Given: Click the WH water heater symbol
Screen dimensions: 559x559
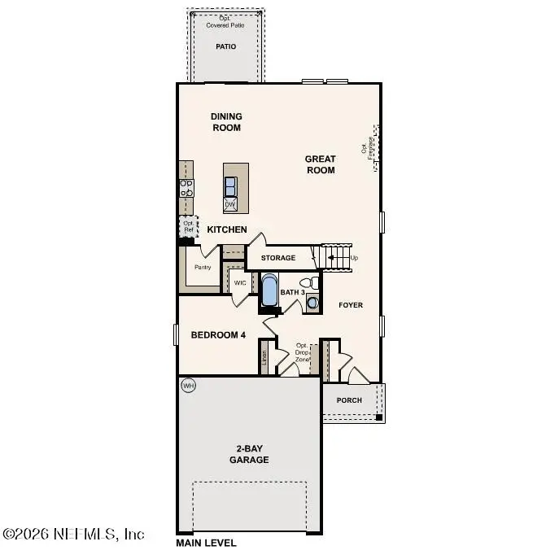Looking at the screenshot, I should tap(189, 385).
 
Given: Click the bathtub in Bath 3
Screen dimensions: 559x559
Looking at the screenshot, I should tap(269, 289).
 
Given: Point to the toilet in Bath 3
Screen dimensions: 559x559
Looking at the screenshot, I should tap(306, 283).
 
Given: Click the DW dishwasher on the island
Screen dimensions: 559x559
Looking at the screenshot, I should tap(230, 203).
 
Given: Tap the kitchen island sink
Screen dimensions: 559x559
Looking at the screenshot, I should tap(231, 183).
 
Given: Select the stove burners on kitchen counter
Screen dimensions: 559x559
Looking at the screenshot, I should tap(186, 189).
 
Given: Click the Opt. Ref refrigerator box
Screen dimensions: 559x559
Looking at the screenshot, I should tap(189, 227).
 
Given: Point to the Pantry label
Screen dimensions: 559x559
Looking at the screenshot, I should tap(202, 267).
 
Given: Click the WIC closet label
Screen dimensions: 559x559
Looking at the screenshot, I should tap(240, 283).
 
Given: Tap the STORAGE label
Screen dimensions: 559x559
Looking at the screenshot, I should tap(278, 258).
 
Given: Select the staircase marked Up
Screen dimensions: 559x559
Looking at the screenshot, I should tap(337, 257).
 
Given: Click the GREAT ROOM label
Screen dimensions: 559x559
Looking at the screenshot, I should tap(320, 164).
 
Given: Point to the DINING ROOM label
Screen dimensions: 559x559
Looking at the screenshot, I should tap(226, 122).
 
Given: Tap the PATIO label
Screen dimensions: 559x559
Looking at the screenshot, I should tap(225, 46).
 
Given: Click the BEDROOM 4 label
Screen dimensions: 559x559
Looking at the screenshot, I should tap(218, 335).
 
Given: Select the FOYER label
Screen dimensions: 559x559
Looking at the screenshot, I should tap(350, 305).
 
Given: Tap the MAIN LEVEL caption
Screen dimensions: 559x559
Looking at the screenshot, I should tap(206, 543).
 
